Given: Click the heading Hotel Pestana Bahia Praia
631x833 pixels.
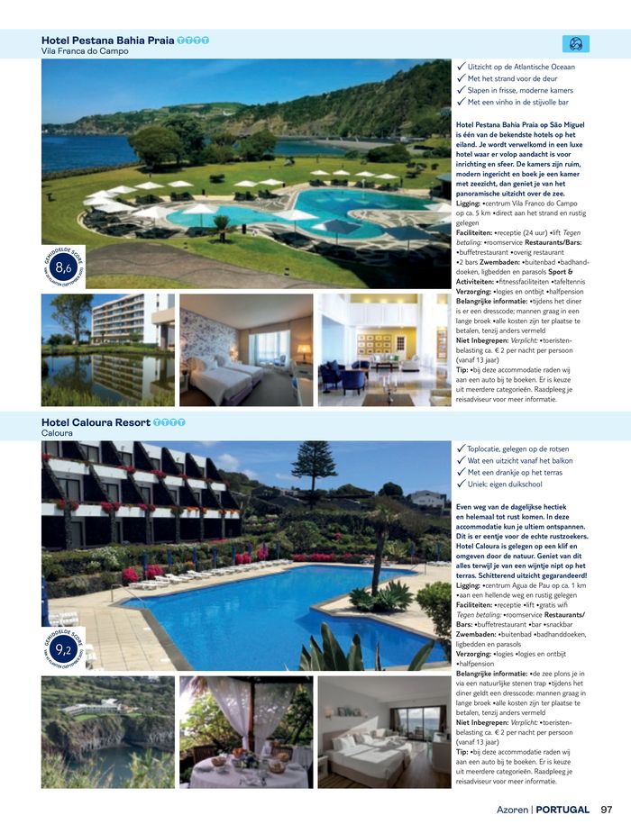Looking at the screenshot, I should click(108, 41).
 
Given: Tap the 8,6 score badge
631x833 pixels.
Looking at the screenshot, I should click(63, 267).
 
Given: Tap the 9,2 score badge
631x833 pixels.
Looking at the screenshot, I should click(63, 648).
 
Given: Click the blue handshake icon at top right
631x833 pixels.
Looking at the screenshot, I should click(575, 43).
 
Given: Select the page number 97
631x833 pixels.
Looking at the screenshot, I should click(607, 810).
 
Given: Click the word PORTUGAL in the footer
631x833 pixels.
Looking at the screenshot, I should click(563, 810).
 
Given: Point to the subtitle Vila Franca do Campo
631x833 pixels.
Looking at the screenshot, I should click(85, 51).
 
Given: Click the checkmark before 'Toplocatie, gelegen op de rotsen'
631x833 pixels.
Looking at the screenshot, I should click(462, 448).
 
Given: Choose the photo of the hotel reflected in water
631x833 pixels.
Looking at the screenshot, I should click(107, 349).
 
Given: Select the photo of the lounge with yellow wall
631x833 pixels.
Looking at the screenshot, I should click(384, 349).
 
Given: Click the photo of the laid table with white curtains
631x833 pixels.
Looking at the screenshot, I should click(246, 731).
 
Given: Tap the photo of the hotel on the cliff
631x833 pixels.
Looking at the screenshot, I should click(107, 731).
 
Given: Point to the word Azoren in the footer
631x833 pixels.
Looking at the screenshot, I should click(512, 810).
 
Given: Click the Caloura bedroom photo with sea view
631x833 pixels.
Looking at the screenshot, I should click(384, 731).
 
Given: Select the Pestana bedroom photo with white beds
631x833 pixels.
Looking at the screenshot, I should click(246, 349).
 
